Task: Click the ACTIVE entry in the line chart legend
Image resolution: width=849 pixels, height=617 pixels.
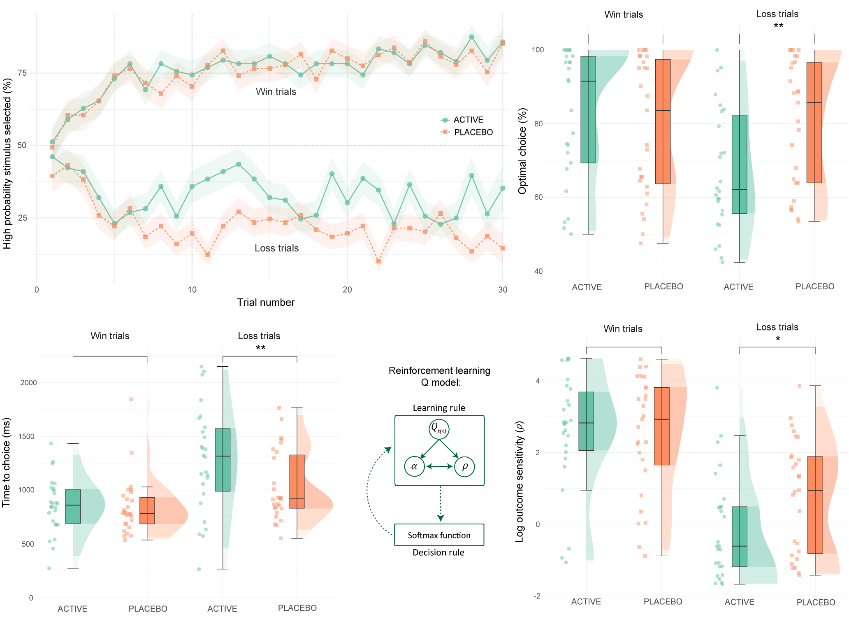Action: pyautogui.click(x=467, y=120)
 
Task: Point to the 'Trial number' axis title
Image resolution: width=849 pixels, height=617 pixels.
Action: pyautogui.click(x=266, y=303)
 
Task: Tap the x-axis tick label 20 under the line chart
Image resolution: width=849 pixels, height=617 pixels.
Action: pyautogui.click(x=347, y=290)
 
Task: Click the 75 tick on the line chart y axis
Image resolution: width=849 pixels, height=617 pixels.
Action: pyautogui.click(x=22, y=73)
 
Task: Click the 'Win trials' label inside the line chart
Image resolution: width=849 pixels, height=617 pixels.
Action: pyautogui.click(x=276, y=91)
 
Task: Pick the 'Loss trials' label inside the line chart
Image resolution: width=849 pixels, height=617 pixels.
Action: pyautogui.click(x=276, y=248)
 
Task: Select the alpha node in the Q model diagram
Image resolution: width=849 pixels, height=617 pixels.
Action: pyautogui.click(x=414, y=466)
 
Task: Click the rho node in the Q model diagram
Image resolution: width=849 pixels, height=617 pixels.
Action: pyautogui.click(x=464, y=466)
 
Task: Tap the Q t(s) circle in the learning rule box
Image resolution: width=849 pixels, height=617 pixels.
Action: pyautogui.click(x=439, y=429)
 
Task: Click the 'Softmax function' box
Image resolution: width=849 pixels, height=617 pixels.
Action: pyautogui.click(x=439, y=535)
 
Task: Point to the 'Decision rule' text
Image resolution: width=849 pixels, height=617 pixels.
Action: pyautogui.click(x=438, y=552)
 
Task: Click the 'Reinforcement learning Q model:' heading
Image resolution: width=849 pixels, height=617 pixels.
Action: pyautogui.click(x=439, y=376)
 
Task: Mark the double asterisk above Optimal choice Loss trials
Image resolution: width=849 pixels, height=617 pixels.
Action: pyautogui.click(x=778, y=26)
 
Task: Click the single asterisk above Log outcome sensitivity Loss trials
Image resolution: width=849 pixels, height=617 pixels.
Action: pyautogui.click(x=777, y=340)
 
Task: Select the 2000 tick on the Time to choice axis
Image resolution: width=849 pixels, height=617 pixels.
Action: pyautogui.click(x=28, y=382)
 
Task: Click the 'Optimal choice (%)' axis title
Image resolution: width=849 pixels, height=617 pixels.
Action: pyautogui.click(x=522, y=151)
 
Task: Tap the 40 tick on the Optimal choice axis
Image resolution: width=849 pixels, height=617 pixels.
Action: pyautogui.click(x=538, y=271)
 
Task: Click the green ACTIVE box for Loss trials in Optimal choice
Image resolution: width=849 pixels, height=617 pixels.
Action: pyautogui.click(x=739, y=164)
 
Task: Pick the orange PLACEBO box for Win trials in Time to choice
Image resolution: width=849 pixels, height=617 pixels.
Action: pyautogui.click(x=147, y=510)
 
